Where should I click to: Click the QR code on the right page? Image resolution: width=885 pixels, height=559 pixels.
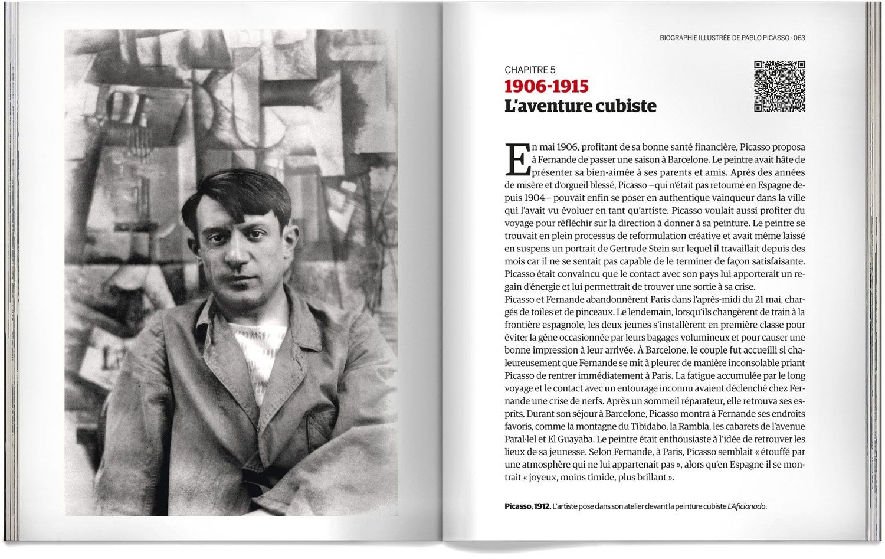point(780,86)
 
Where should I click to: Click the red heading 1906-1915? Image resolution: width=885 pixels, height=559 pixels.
point(546,86)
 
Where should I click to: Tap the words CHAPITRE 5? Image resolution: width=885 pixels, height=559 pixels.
point(530,70)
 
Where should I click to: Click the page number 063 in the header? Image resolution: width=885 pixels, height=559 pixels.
point(799,38)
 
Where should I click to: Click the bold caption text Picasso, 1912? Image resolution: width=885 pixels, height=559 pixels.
point(527,506)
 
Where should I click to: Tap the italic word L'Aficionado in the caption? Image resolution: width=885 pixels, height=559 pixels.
point(747,506)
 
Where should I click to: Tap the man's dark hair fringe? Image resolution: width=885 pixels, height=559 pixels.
point(236,195)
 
